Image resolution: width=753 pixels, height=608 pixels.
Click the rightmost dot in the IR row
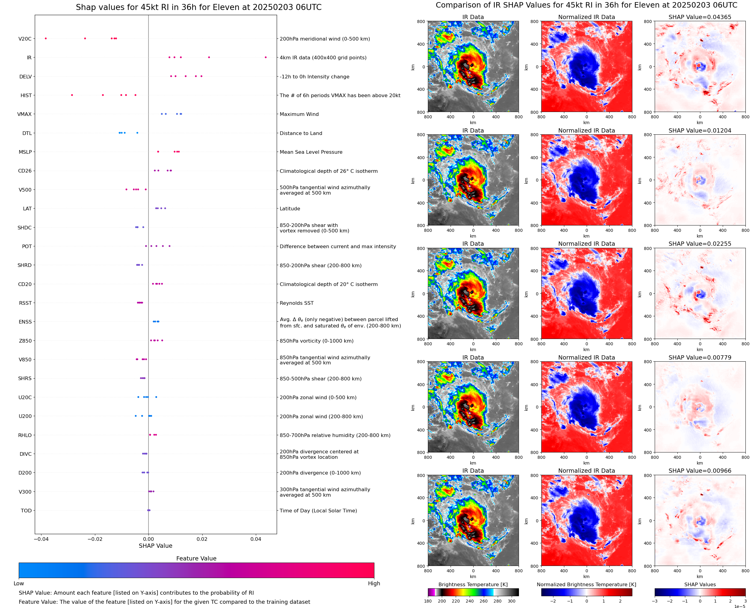pos(266,57)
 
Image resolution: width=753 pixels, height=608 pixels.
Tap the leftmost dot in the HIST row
pos(72,95)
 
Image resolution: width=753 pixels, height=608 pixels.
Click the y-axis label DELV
pos(25,77)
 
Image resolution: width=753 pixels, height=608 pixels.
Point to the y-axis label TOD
pos(26,511)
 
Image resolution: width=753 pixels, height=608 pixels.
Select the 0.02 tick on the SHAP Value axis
pos(202,539)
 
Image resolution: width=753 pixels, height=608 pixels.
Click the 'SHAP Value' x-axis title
pos(155,546)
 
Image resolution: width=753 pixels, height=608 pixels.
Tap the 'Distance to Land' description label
pos(301,133)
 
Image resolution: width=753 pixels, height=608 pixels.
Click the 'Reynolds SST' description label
pos(297,303)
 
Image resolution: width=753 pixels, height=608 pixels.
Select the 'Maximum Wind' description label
pos(299,114)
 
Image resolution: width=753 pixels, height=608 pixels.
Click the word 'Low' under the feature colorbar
pos(18,583)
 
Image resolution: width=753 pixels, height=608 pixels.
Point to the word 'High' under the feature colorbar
pos(374,583)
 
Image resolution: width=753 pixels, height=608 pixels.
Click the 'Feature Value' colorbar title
pos(196,559)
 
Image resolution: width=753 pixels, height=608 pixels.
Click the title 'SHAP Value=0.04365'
pos(700,17)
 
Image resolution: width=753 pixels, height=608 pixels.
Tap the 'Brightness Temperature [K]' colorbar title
pos(473,584)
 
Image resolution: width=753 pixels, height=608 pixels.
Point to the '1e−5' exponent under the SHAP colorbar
pos(740,606)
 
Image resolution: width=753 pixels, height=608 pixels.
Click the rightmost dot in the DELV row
pos(201,76)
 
